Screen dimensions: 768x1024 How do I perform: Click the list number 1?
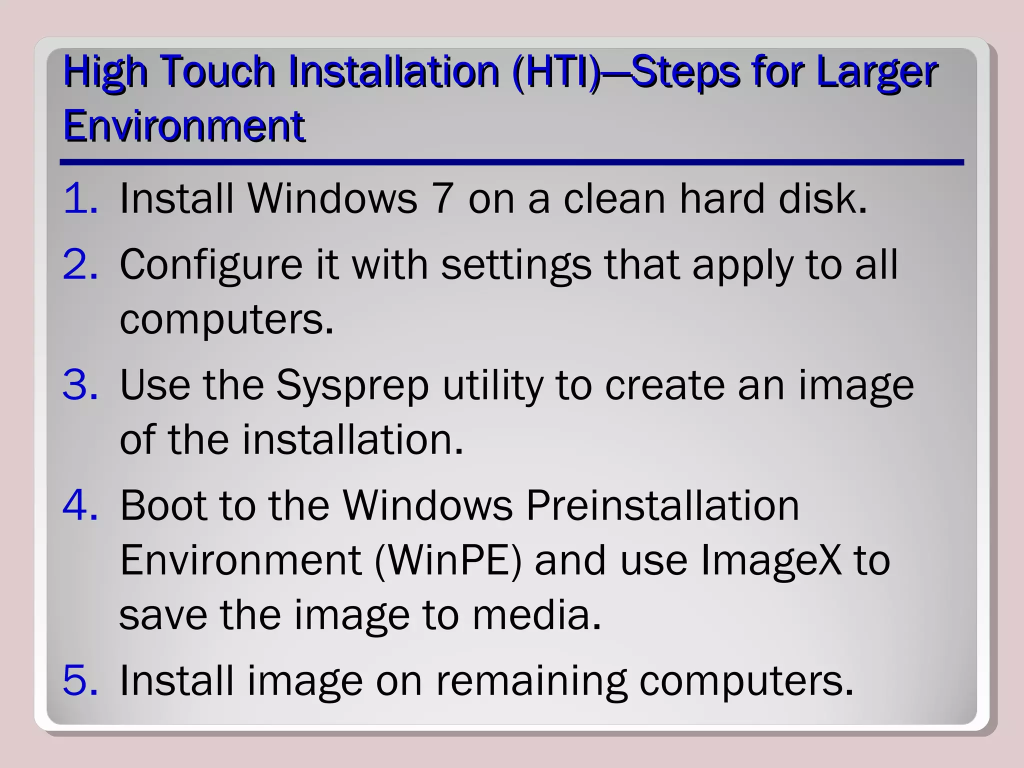tap(80, 198)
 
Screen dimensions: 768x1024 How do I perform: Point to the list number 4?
tap(80, 505)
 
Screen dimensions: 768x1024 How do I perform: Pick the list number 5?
tap(80, 680)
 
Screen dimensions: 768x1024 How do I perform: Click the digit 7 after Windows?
tap(443, 198)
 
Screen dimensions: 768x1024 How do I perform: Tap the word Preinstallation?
tap(663, 505)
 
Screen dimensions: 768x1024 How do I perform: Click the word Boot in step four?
tap(163, 505)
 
